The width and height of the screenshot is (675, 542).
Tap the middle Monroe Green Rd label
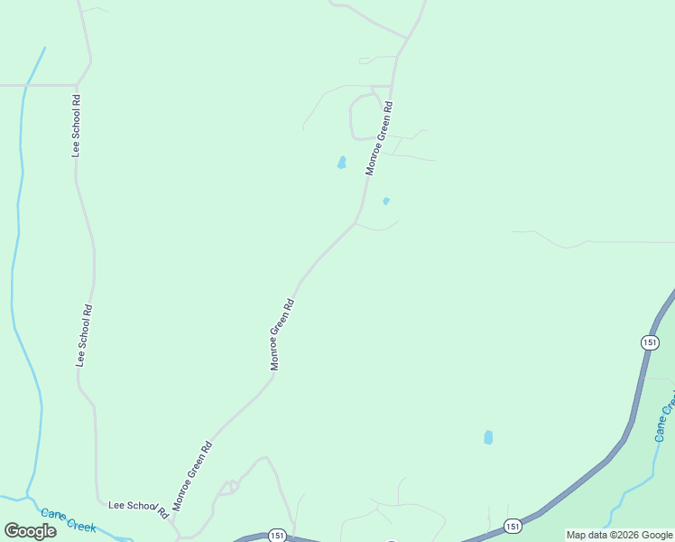tap(282, 334)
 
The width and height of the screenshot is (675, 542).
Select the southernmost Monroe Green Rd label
tap(192, 476)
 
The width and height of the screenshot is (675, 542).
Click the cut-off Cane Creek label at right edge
tap(665, 416)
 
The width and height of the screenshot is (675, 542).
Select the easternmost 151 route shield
tap(650, 341)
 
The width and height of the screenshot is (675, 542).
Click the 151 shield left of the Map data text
tap(513, 526)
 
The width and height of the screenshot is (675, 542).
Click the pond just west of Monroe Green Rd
tap(341, 164)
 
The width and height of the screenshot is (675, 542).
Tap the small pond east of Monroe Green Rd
tap(386, 201)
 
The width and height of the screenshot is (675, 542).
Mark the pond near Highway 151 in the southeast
tap(488, 437)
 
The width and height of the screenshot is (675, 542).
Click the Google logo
tap(31, 531)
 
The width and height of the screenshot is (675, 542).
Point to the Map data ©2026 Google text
tap(619, 535)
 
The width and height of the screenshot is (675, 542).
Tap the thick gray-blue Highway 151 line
tap(587, 480)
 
